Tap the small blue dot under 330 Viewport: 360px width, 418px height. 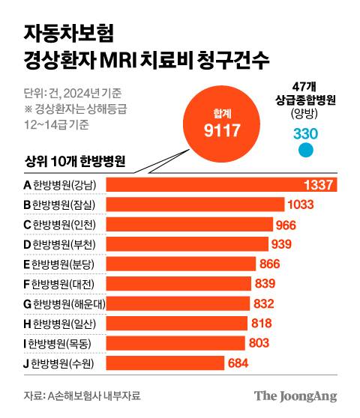(305, 150)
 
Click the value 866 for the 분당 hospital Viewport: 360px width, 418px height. (274, 264)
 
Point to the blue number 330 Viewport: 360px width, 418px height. (305, 133)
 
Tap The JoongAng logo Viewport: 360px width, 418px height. (295, 396)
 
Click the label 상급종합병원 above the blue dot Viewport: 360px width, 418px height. (304, 100)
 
